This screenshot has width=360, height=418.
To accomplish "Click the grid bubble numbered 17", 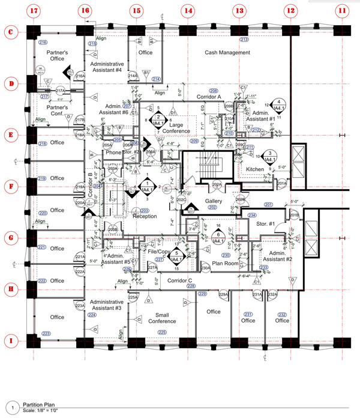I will click(x=34, y=11).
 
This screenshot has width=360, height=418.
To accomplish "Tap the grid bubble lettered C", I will click(x=10, y=32).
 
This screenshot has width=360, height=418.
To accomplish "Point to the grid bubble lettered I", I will click(x=10, y=341).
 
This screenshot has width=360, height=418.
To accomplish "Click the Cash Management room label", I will click(x=227, y=53).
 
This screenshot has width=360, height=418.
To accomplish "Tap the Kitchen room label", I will click(x=256, y=170).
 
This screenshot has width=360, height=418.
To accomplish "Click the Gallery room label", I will click(x=214, y=201).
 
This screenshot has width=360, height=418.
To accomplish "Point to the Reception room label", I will click(x=145, y=217).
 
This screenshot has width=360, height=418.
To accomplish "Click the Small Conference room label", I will click(x=162, y=318).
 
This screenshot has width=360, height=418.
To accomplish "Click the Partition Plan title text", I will click(x=40, y=405).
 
